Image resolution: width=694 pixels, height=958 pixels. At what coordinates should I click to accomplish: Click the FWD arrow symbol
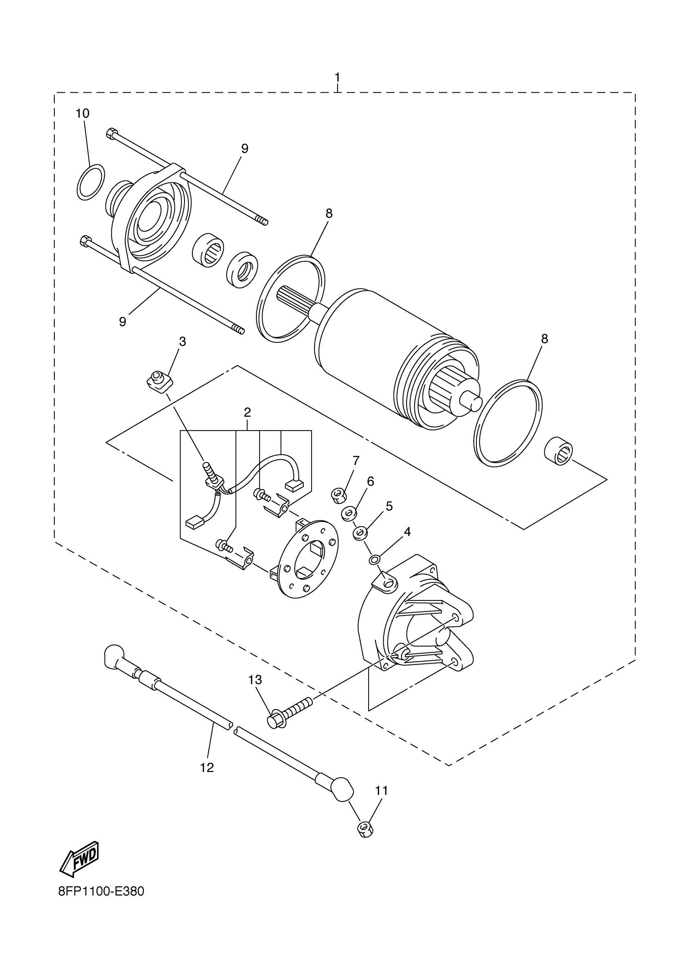click(x=80, y=858)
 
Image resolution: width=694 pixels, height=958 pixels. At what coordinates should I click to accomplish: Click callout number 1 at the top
click(x=338, y=78)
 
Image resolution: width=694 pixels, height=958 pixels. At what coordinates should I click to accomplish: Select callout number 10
click(x=83, y=113)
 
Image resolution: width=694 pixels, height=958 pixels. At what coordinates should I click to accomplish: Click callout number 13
click(x=255, y=680)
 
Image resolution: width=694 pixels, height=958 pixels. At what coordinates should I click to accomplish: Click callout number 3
click(x=182, y=341)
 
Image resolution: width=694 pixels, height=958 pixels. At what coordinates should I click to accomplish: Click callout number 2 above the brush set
click(x=247, y=412)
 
